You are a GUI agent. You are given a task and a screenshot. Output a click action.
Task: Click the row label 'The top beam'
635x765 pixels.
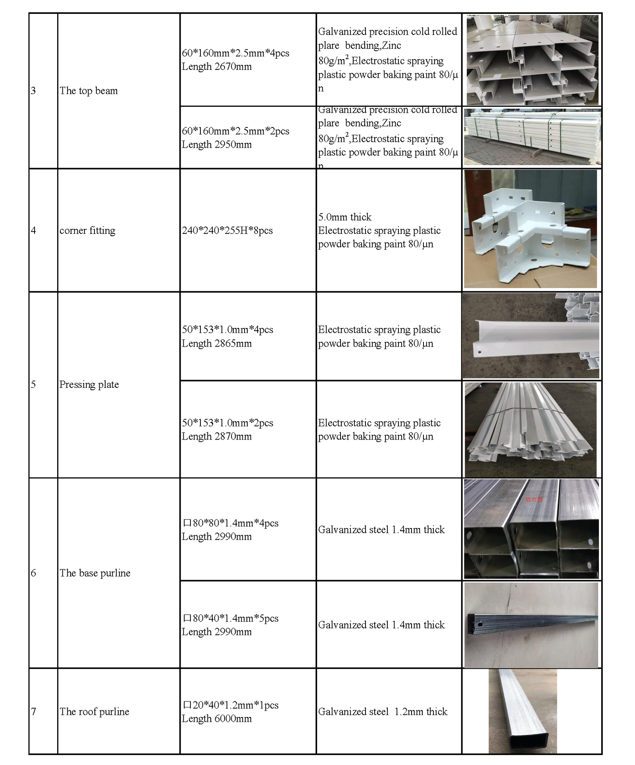(x=89, y=91)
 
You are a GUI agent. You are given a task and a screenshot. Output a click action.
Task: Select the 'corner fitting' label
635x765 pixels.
(x=87, y=231)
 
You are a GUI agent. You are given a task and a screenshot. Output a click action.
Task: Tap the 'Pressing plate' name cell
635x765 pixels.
(x=89, y=385)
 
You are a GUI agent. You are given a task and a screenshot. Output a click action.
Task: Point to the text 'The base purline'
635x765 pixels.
(x=95, y=573)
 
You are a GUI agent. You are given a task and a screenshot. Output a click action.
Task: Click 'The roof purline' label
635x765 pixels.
(x=94, y=712)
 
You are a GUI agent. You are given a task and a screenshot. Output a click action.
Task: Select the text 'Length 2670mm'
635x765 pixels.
(x=217, y=67)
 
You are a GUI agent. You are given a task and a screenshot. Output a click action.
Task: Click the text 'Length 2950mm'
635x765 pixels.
(x=217, y=145)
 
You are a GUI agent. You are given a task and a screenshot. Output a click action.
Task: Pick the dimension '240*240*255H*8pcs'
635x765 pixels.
(x=227, y=231)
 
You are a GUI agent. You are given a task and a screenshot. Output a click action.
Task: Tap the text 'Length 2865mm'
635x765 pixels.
(x=217, y=343)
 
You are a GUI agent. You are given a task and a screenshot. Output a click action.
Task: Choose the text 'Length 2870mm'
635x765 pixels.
(x=217, y=437)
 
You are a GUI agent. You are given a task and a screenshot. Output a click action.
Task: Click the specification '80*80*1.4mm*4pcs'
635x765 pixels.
(x=235, y=523)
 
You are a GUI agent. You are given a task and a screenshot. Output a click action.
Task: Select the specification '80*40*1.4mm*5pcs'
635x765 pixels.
(x=235, y=619)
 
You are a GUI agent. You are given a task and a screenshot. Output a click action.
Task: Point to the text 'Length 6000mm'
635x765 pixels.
(x=217, y=719)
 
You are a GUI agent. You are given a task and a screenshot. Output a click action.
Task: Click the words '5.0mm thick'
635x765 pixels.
(x=344, y=217)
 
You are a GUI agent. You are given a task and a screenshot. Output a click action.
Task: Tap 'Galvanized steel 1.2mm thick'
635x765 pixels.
(x=383, y=712)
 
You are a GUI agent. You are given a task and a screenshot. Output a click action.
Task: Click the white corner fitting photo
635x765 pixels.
(x=530, y=229)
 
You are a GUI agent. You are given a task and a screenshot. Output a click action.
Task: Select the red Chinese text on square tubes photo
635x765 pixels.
(x=534, y=499)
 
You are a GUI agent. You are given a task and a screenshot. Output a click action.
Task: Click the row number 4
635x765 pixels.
(x=33, y=231)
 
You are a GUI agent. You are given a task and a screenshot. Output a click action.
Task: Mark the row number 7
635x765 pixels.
(x=33, y=712)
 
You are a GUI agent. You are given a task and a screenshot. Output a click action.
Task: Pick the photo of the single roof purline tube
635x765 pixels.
(x=523, y=711)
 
